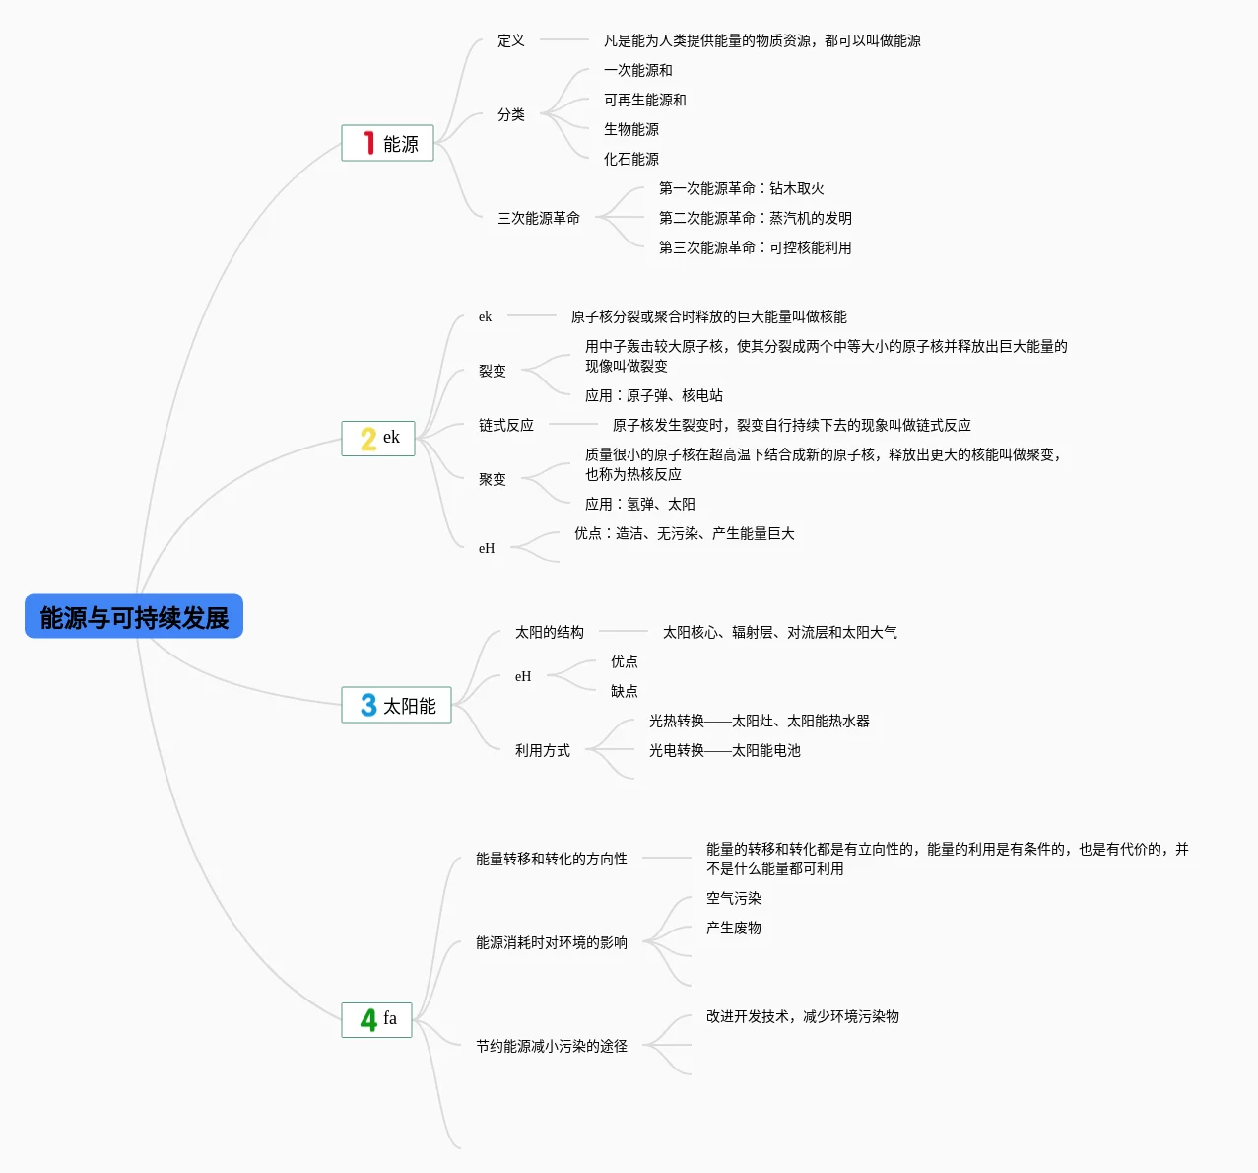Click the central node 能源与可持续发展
click(134, 617)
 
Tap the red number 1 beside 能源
click(368, 144)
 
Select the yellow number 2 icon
click(368, 439)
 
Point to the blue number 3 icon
click(368, 705)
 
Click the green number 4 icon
click(368, 1019)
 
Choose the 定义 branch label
click(510, 40)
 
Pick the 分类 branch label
click(510, 114)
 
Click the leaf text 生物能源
click(630, 129)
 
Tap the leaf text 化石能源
click(630, 159)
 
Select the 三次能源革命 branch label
click(538, 218)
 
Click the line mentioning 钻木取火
click(741, 188)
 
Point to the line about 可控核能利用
click(755, 247)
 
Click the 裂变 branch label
click(492, 371)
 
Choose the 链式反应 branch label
click(505, 425)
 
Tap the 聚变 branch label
click(492, 479)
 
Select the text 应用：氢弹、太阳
click(639, 504)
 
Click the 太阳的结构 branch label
click(549, 632)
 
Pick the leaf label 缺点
click(624, 691)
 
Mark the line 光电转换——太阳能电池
click(724, 750)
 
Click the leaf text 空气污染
click(733, 898)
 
